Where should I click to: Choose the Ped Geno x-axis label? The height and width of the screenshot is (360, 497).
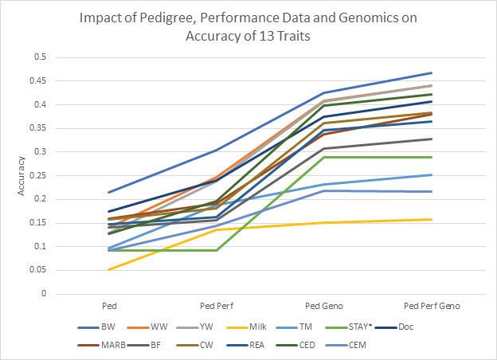click(321, 306)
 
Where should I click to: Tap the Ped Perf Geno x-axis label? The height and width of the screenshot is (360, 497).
click(432, 306)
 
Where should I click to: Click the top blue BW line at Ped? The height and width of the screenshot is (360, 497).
click(108, 192)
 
